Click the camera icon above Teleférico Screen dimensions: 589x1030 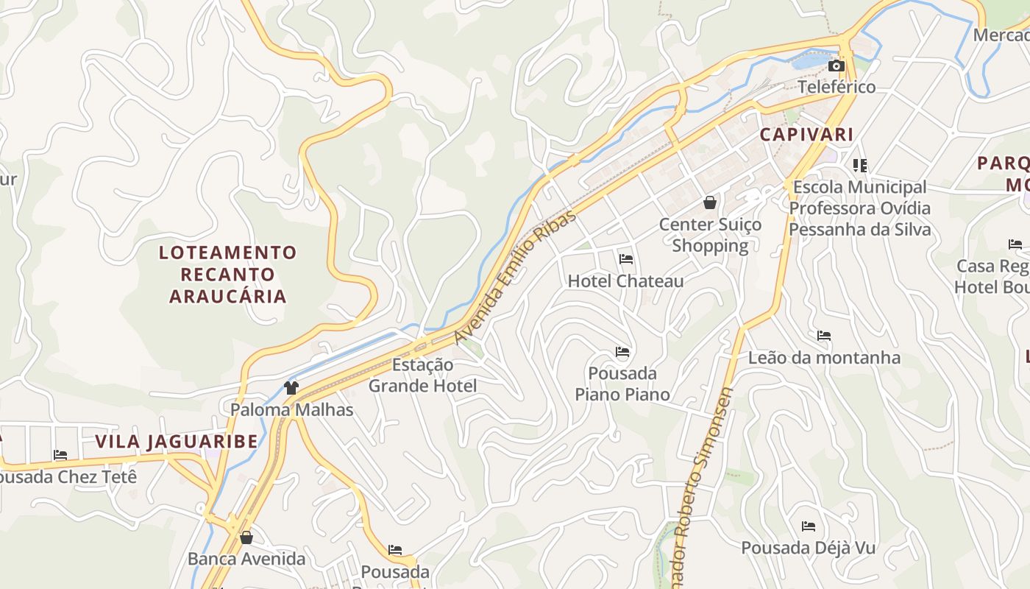tap(836, 66)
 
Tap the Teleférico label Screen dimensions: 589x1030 tap(837, 87)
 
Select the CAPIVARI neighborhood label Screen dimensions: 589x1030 tap(806, 135)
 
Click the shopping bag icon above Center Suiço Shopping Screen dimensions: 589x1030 tap(710, 202)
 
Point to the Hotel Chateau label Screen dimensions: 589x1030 tap(625, 281)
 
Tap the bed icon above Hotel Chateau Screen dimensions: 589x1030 tap(626, 258)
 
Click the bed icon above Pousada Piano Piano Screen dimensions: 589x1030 tap(622, 352)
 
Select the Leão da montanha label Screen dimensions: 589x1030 tap(824, 358)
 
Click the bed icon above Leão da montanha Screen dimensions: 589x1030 tap(824, 336)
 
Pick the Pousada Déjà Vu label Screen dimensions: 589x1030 tap(808, 548)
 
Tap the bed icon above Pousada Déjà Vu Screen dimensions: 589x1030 tap(809, 526)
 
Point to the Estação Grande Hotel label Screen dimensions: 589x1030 tap(422, 375)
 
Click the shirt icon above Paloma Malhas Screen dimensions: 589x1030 tap(291, 388)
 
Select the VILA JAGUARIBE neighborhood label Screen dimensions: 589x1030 tap(177, 442)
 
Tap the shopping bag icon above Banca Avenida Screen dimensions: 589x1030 tap(246, 537)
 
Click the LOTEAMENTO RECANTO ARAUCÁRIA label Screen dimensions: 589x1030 tap(227, 275)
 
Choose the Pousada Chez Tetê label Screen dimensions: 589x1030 tap(68, 476)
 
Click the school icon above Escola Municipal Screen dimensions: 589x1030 tap(860, 165)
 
